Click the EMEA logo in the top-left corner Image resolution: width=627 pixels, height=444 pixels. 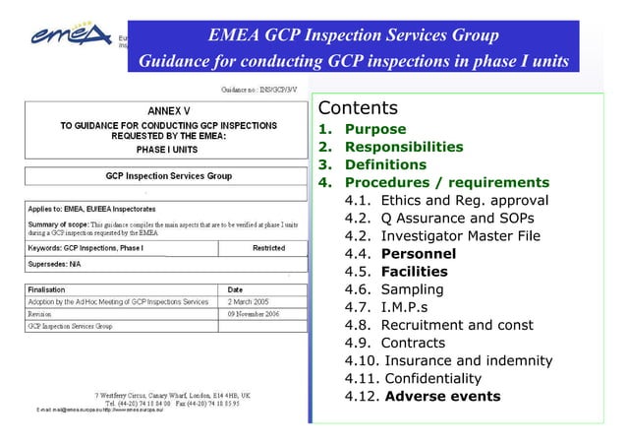coord(60,36)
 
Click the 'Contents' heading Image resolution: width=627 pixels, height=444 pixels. coord(357,108)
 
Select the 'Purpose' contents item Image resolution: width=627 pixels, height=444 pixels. coord(374,130)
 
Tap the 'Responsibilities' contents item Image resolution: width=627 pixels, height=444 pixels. coord(403,148)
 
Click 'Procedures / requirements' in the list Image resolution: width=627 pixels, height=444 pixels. coord(446,183)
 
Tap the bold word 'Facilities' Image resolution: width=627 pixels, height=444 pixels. coord(414,272)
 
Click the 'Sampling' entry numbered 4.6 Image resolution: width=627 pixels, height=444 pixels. coord(412,289)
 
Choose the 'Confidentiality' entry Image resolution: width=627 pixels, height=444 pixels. coord(433,379)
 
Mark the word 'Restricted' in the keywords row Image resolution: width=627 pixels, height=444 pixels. coord(268,248)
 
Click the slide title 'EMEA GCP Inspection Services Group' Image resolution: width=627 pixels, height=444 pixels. coord(354,37)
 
